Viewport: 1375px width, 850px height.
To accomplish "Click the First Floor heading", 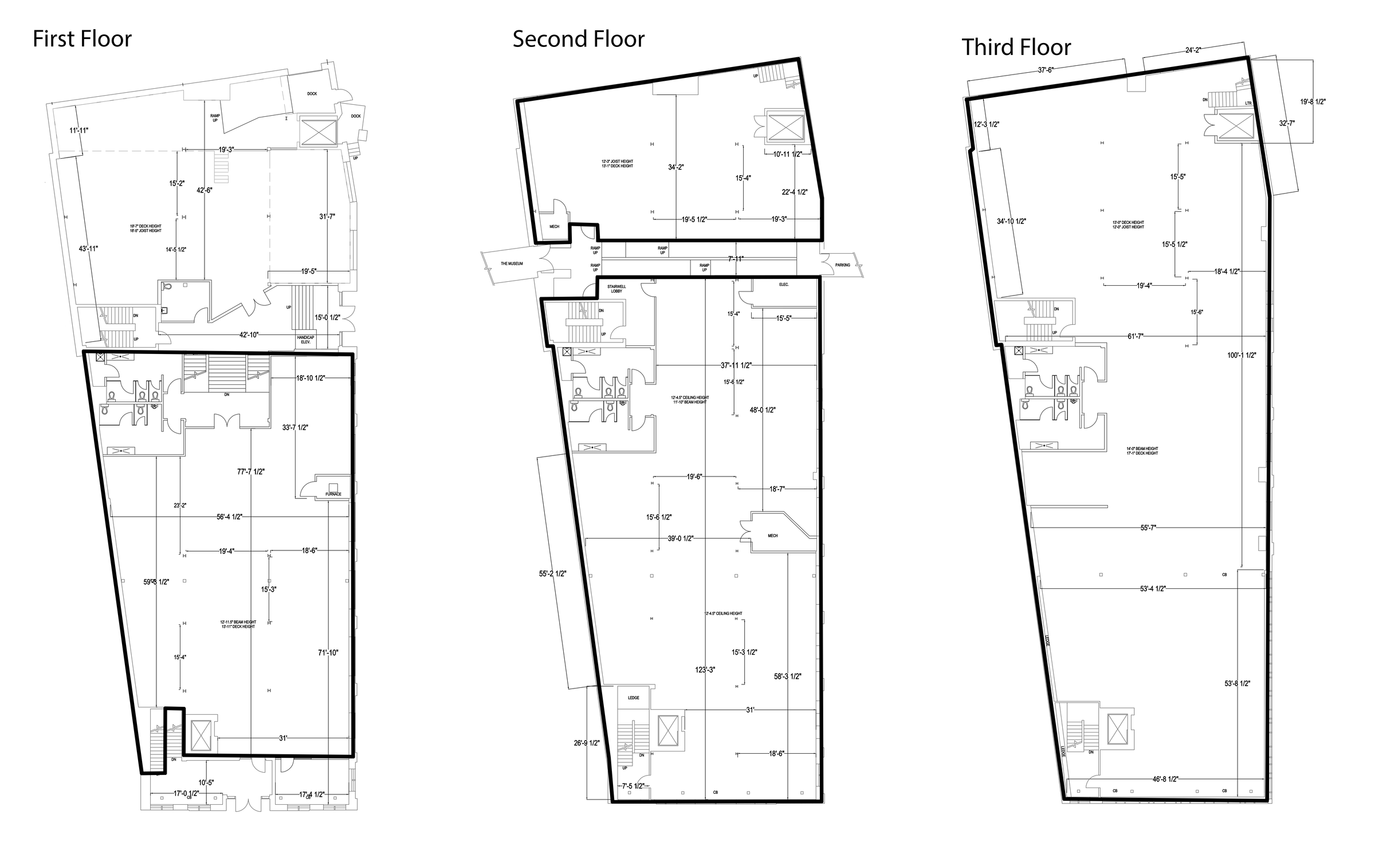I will click(82, 39).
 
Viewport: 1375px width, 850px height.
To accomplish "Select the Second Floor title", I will click(578, 39).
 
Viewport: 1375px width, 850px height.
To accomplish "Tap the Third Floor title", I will click(1016, 47).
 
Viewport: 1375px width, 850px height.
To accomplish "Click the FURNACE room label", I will click(333, 494).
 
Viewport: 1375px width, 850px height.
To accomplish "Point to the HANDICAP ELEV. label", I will click(305, 340).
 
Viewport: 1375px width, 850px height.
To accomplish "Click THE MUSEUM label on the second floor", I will click(512, 264).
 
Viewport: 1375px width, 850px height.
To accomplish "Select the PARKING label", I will click(842, 265).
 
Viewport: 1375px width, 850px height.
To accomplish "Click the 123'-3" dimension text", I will click(705, 670).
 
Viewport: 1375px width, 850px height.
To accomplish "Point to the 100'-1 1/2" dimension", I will click(1242, 356).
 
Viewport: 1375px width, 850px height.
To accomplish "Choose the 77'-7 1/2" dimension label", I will click(251, 472).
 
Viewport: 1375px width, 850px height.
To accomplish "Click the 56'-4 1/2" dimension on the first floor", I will click(229, 517).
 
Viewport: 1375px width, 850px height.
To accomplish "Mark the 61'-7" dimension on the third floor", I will click(1136, 337).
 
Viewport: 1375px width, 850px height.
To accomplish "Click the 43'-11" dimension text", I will click(88, 249).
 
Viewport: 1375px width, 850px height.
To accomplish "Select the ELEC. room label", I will click(784, 285).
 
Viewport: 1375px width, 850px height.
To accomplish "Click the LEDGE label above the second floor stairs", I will click(633, 698).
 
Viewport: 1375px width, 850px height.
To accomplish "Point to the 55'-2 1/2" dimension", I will click(552, 574).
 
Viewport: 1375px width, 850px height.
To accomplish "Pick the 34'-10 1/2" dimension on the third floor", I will click(1011, 221).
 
